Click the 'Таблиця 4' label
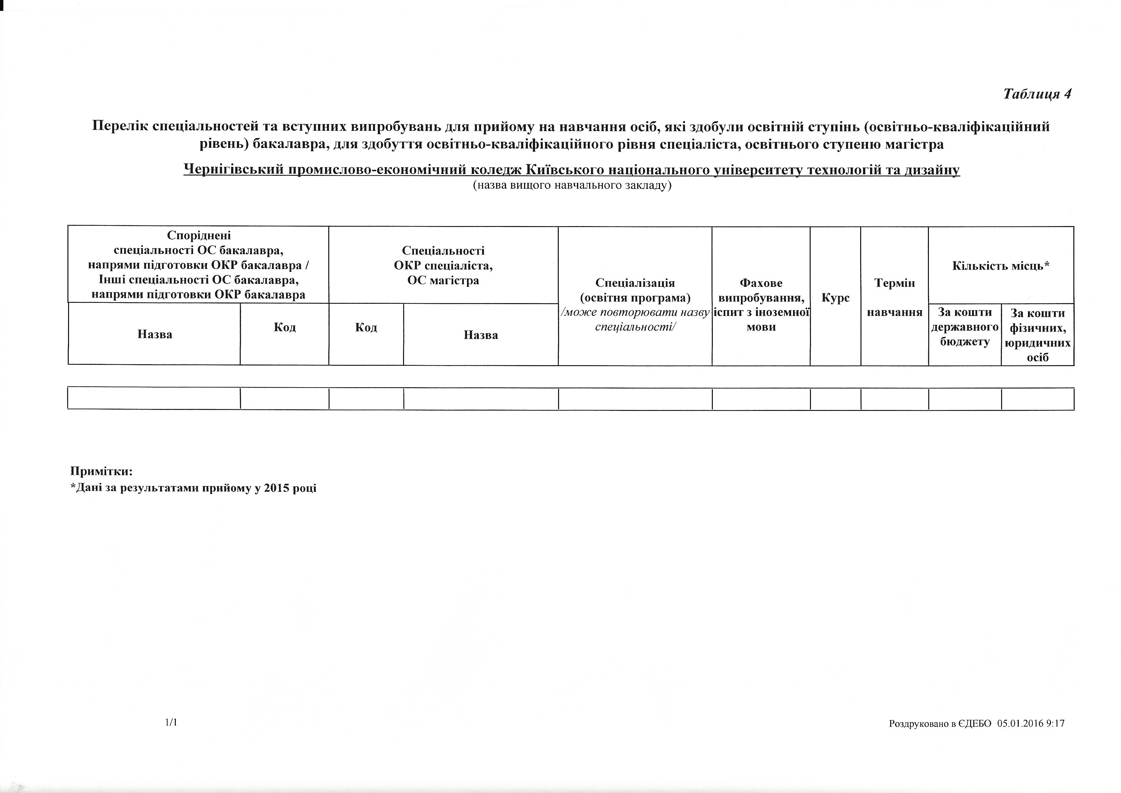pos(1037,94)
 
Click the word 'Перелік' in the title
pos(120,127)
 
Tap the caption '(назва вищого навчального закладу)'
pos(572,185)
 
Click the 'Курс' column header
pos(835,298)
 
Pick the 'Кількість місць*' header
pos(1001,266)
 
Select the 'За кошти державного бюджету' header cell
pos(965,327)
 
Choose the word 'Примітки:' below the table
pos(102,471)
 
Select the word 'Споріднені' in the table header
pos(199,235)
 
